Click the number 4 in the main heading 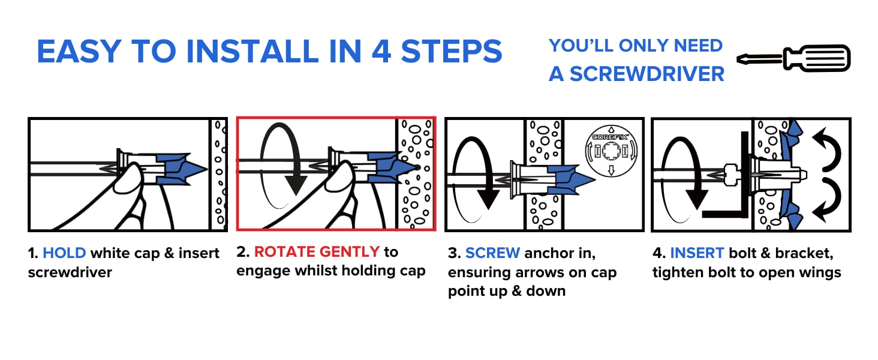(381, 52)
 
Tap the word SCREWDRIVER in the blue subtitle (647, 74)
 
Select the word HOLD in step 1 (64, 253)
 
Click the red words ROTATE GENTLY (317, 251)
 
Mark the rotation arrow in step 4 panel (684, 174)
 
